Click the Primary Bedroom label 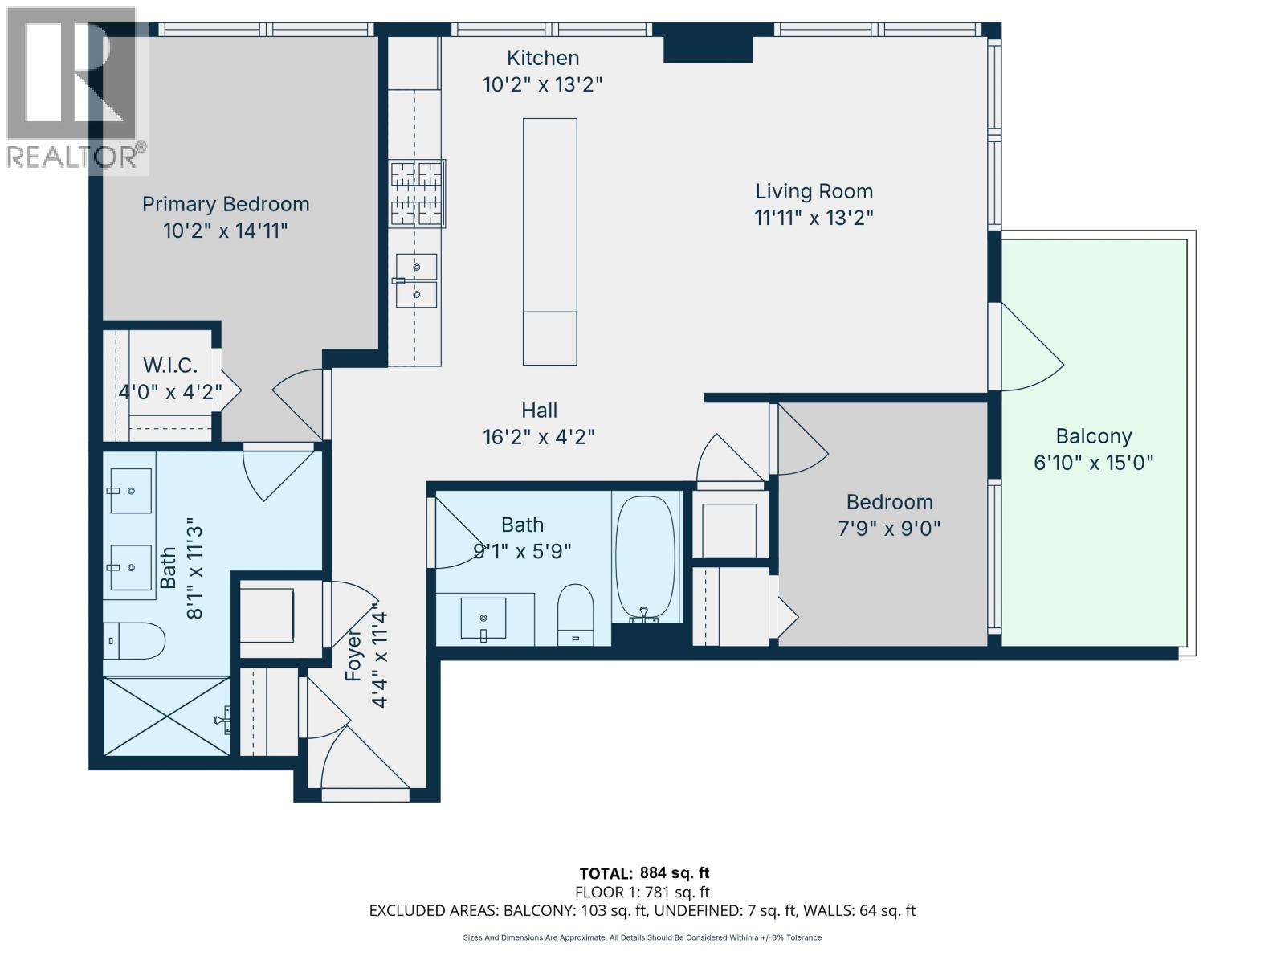226,204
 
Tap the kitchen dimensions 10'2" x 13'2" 542,84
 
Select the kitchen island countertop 550,241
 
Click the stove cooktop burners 418,194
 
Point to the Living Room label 814,191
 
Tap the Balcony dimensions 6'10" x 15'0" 1093,463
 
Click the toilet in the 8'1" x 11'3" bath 135,640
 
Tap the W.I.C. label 170,366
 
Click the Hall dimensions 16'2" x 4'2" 538,437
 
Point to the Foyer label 354,655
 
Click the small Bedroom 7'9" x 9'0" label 889,502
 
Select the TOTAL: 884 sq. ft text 644,873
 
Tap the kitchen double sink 417,280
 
